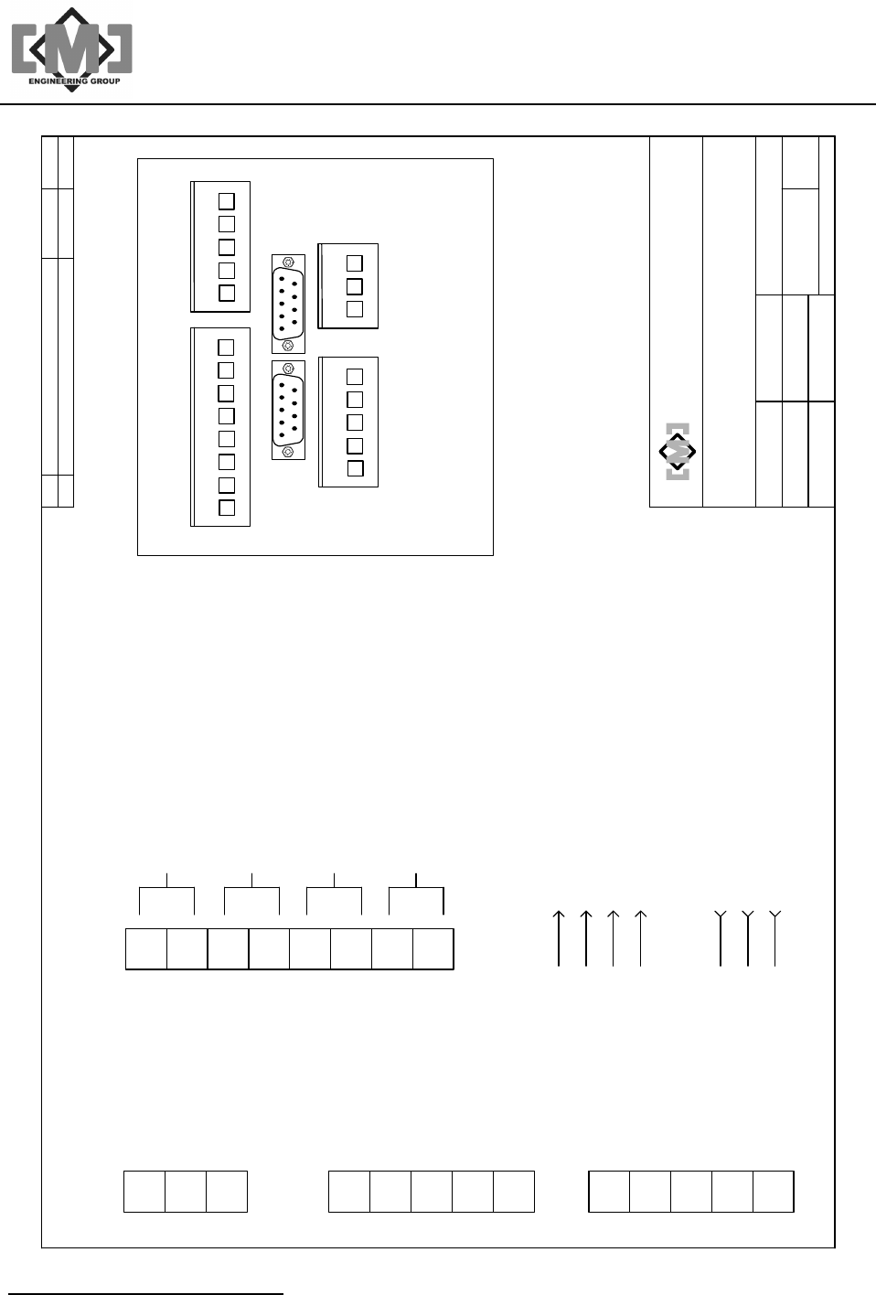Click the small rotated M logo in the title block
tap(678, 452)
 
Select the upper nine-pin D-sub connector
tap(288, 303)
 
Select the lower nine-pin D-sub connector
tap(288, 410)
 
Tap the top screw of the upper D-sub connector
tap(288, 262)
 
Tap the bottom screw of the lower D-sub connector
tap(288, 451)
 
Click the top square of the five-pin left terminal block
tap(227, 200)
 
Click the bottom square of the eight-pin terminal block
tap(227, 508)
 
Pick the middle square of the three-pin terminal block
tap(355, 285)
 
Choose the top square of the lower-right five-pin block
tap(355, 377)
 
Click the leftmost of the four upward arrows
tap(559, 937)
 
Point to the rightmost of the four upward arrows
tap(641, 937)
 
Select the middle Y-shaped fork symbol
tap(748, 937)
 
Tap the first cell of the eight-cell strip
tap(146, 949)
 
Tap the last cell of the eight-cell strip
tap(433, 949)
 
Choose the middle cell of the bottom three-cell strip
tap(186, 1191)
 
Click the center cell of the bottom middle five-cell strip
tap(432, 1191)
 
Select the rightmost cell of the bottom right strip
tap(774, 1191)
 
